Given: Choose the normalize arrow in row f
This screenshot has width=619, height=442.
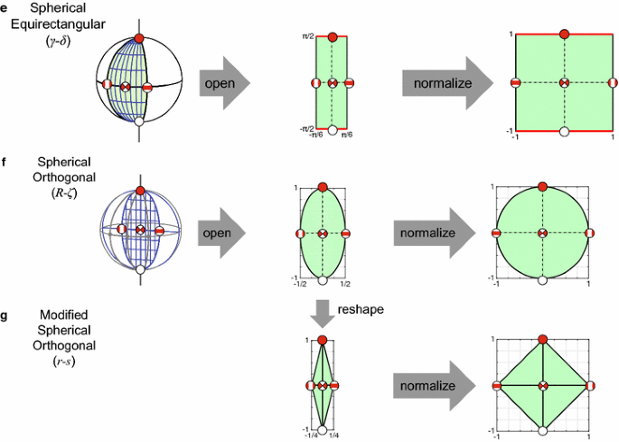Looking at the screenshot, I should tap(435, 233).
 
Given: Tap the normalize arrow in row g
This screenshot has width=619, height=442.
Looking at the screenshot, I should tap(435, 386).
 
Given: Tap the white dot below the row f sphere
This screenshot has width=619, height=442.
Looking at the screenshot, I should tap(140, 269).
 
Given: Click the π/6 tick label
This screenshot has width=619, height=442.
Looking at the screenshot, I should tap(346, 135).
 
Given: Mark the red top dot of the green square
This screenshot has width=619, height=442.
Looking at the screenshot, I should tap(565, 34).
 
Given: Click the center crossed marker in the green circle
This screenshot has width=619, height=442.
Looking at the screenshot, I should tap(542, 233).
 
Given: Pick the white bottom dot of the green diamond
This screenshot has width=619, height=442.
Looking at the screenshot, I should tap(541, 431).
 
